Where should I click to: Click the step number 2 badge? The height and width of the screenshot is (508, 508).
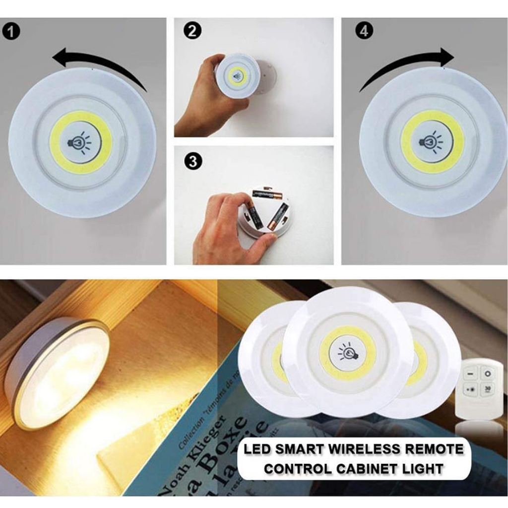[x=192, y=31]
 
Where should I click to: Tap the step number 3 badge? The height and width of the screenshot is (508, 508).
[x=192, y=162]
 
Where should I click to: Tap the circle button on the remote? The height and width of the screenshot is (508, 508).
[x=488, y=373]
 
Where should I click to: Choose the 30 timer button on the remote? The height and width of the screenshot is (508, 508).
[x=488, y=388]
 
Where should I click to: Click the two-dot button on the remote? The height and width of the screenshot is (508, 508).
[x=471, y=388]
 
